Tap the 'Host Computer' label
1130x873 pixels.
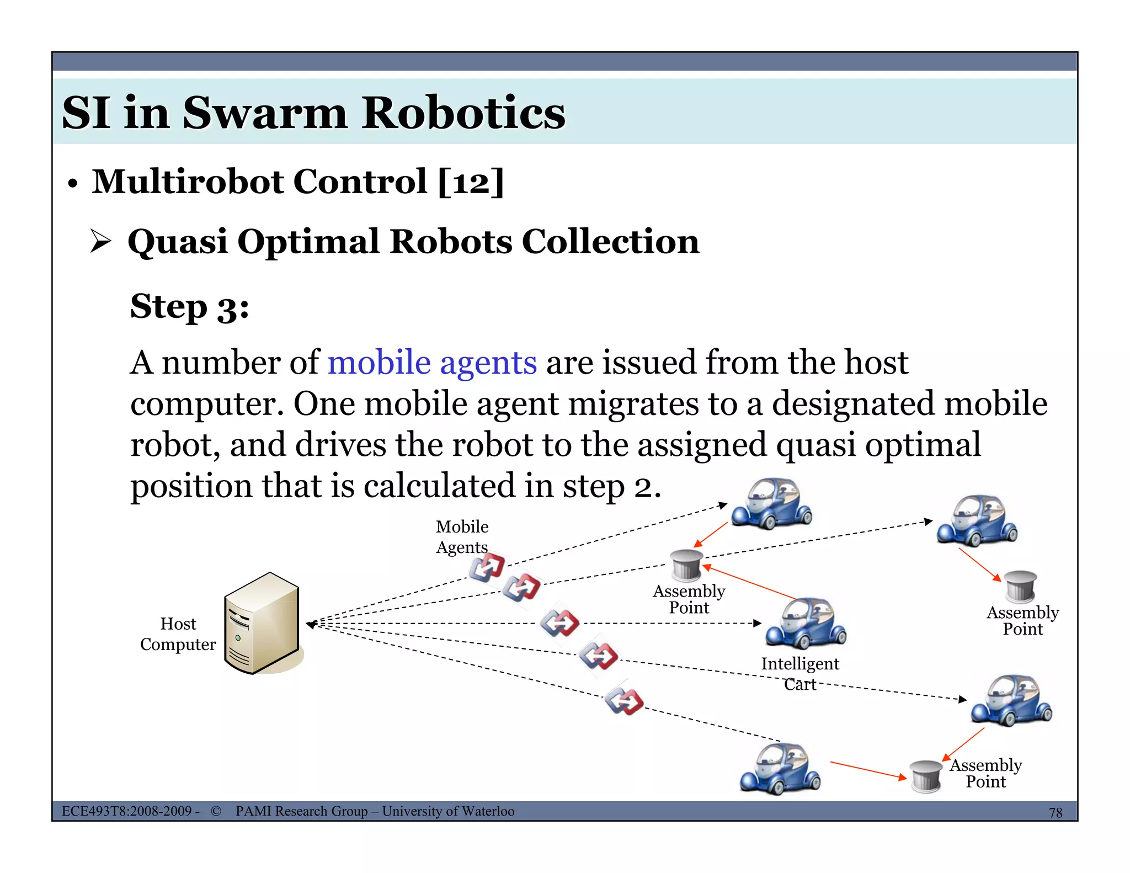click(178, 634)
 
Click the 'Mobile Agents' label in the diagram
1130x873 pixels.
click(462, 536)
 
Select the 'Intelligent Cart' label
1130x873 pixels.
click(799, 673)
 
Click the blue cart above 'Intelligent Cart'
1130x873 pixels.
click(806, 622)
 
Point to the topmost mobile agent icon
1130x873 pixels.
click(487, 567)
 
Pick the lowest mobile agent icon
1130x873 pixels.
click(623, 701)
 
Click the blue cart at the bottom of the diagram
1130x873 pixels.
click(780, 768)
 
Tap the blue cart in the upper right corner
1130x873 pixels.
click(977, 520)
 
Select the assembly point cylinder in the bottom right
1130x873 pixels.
click(926, 776)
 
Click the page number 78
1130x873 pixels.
click(1055, 812)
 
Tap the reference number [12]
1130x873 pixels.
click(471, 182)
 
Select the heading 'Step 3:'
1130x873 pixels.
click(189, 307)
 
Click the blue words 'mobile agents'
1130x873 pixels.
click(432, 363)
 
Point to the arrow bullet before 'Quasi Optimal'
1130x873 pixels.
click(100, 242)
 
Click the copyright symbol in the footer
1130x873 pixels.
click(216, 811)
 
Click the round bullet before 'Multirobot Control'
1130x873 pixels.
click(72, 184)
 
